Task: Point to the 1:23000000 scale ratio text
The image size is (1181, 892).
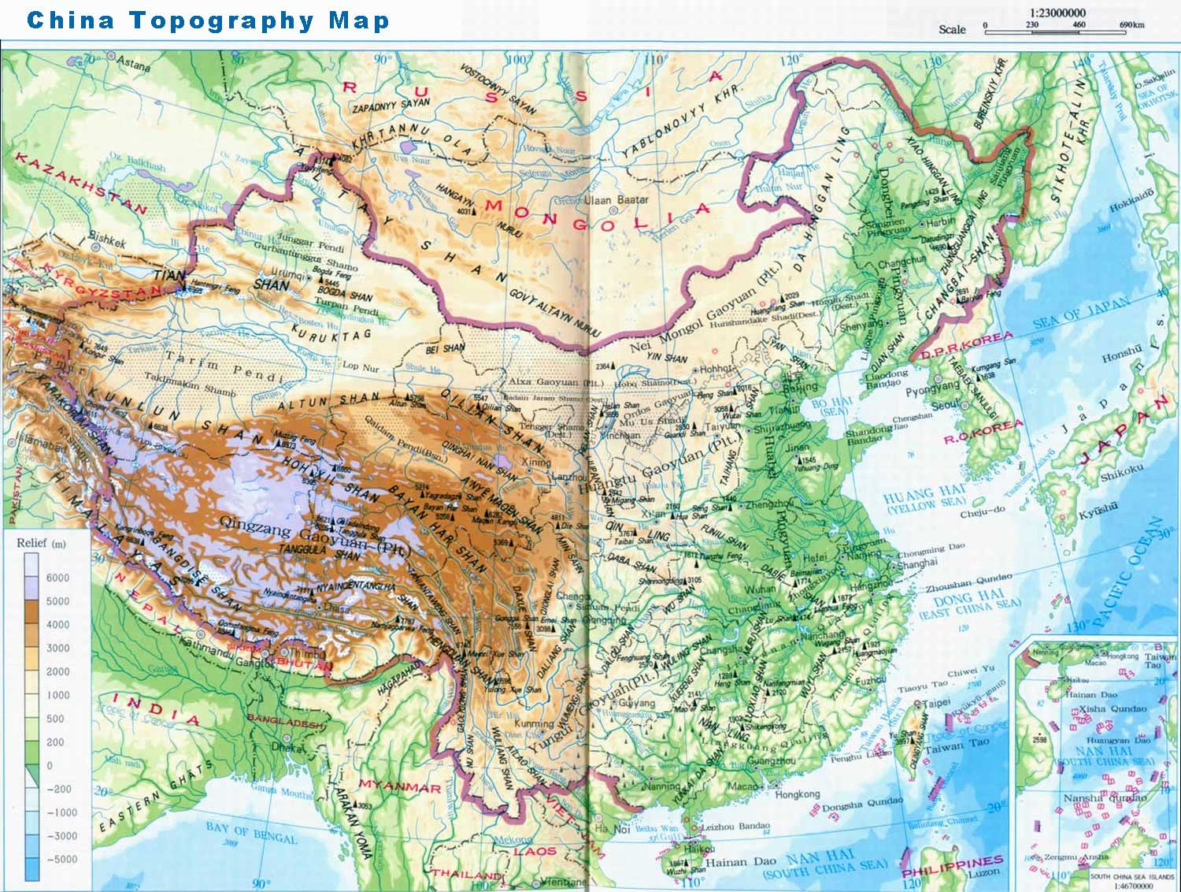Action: (1057, 13)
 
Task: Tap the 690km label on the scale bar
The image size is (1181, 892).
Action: (1132, 25)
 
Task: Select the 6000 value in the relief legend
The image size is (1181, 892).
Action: (57, 578)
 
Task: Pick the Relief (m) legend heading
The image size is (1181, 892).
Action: (41, 543)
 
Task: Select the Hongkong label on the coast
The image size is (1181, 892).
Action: (797, 794)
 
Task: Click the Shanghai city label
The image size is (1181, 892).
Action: (917, 563)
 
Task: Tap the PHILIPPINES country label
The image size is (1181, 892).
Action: (952, 866)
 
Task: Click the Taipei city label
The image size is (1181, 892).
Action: (936, 704)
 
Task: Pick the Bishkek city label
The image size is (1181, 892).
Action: (106, 238)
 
